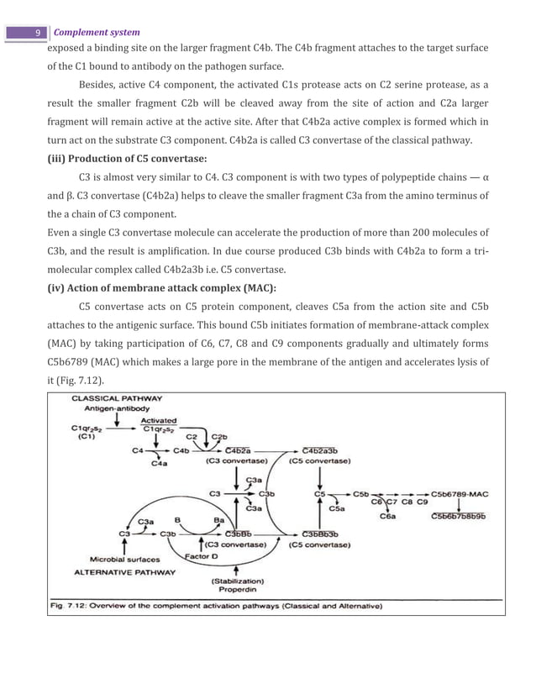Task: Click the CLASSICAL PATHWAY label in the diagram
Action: [117, 398]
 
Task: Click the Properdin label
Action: [237, 590]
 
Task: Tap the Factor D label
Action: [200, 555]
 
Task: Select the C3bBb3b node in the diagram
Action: [320, 534]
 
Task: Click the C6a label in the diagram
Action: [388, 517]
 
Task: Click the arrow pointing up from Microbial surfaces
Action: [125, 545]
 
